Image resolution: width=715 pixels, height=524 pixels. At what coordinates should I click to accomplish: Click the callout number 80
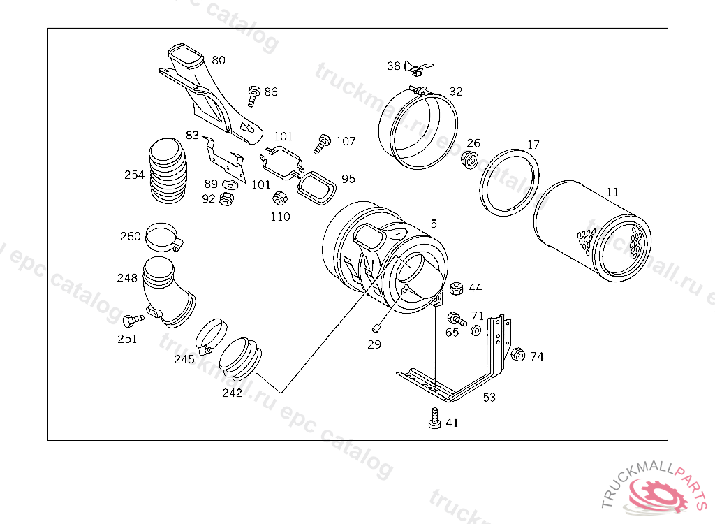[219, 60]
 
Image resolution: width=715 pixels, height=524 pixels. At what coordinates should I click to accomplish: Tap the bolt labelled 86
[253, 95]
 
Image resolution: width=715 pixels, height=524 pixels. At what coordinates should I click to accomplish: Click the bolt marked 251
[131, 321]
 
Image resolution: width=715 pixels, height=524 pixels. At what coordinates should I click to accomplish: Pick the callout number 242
[232, 393]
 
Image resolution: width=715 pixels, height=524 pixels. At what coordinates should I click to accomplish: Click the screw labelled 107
[323, 143]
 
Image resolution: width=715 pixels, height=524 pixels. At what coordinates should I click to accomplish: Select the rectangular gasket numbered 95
[316, 187]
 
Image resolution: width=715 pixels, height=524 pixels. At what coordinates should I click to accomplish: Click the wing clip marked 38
[415, 68]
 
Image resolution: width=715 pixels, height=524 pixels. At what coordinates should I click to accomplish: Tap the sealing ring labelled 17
[510, 182]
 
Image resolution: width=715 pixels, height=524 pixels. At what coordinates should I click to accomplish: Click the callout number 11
[612, 191]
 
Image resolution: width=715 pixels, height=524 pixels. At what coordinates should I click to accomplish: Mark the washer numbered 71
[475, 330]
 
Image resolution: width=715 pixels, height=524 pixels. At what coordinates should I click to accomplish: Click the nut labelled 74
[517, 354]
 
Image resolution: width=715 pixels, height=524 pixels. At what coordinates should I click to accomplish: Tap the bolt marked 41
[433, 420]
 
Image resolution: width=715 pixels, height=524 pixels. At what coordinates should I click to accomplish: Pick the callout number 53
[489, 398]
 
